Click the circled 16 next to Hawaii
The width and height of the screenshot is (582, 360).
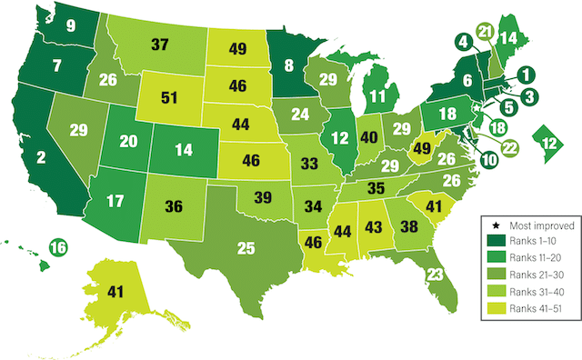(x=57, y=246)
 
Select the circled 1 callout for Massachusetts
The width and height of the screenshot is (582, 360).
(x=526, y=75)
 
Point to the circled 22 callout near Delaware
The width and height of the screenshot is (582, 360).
(x=510, y=146)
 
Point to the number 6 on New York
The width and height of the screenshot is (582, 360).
(x=468, y=80)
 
